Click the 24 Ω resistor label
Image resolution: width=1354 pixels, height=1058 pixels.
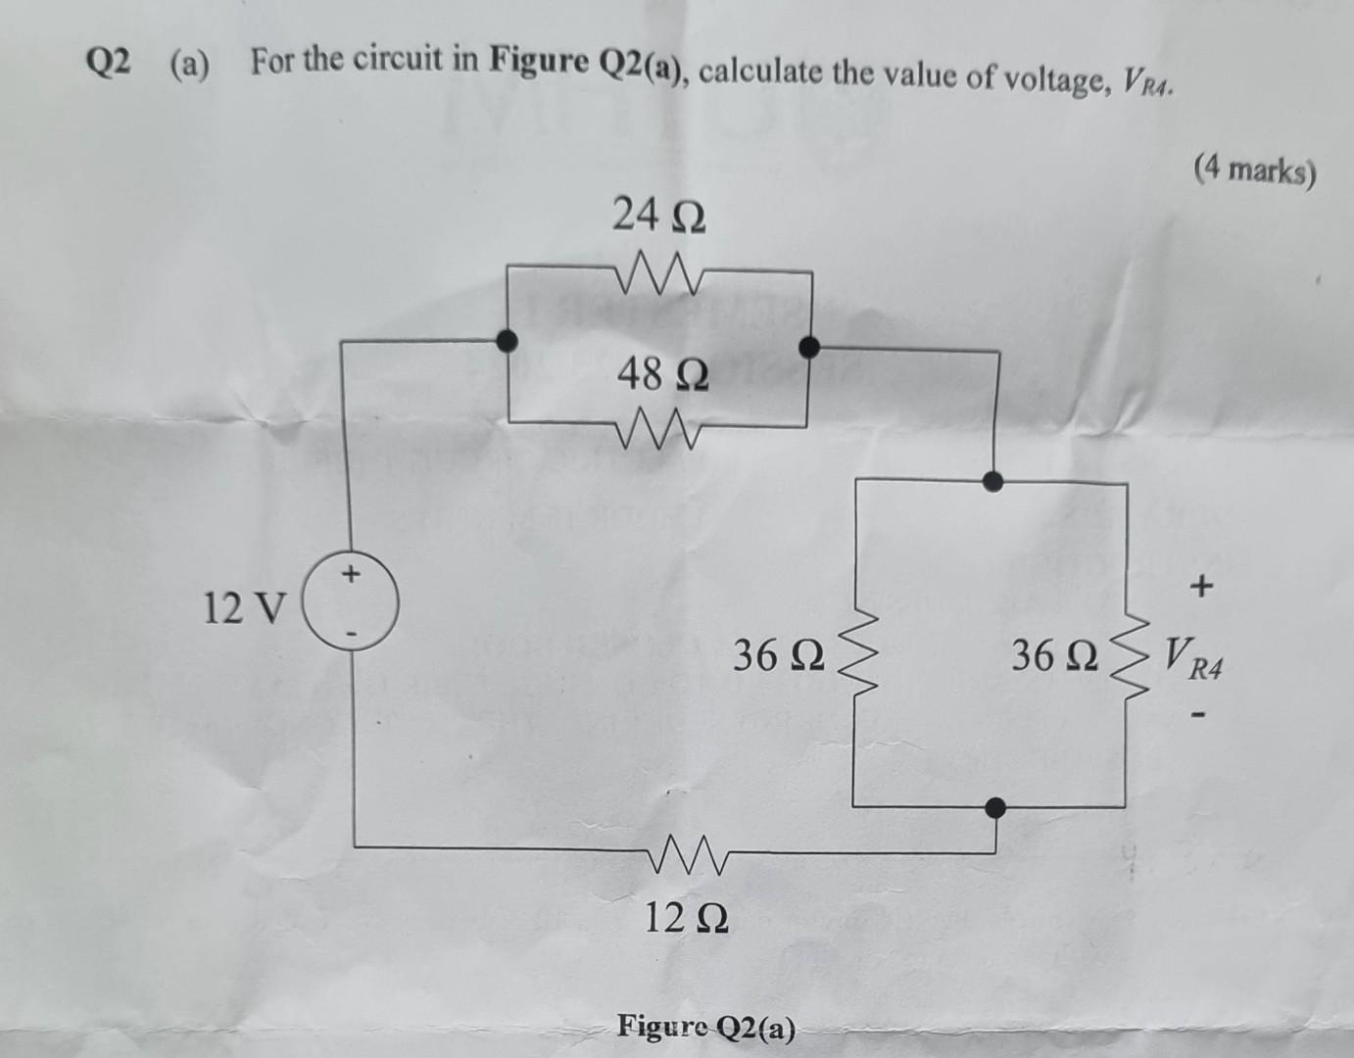click(658, 214)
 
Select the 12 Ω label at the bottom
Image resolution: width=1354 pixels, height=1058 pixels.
click(686, 918)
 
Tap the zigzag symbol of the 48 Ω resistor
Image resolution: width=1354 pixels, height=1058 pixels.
click(657, 429)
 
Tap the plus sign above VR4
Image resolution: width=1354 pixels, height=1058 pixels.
click(1201, 588)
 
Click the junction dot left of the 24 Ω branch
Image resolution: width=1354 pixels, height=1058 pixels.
click(506, 340)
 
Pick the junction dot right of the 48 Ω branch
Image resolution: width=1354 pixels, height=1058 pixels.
click(809, 346)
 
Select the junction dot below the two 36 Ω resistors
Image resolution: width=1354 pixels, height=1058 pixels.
click(994, 807)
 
